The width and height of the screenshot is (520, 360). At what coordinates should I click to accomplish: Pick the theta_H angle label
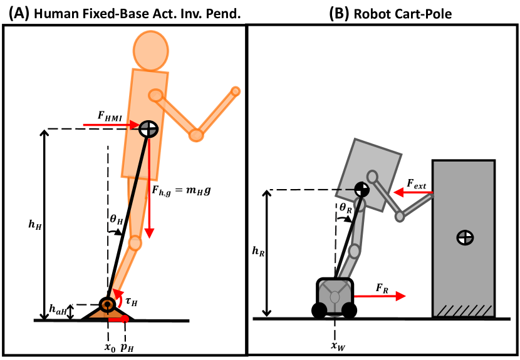pyautogui.click(x=116, y=220)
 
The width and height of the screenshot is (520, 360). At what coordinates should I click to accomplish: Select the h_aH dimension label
pyautogui.click(x=58, y=309)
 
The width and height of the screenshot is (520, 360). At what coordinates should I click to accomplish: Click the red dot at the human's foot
pyautogui.click(x=126, y=320)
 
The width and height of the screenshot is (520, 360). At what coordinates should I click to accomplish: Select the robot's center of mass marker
pyautogui.click(x=361, y=188)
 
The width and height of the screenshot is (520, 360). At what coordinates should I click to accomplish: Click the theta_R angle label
pyautogui.click(x=346, y=207)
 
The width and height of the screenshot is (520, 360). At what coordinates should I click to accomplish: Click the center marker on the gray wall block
pyautogui.click(x=464, y=237)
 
